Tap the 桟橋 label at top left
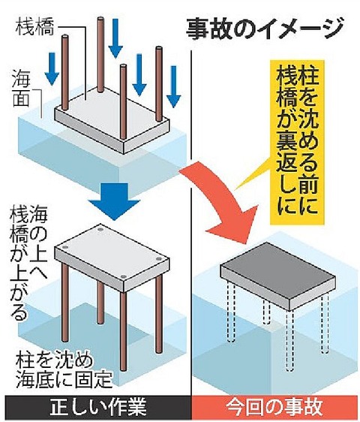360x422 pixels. (35, 27)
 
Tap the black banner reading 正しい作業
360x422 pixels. (96, 407)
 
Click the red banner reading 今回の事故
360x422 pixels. (274, 407)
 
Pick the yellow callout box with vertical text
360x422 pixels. (297, 142)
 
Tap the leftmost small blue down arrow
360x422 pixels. (52, 69)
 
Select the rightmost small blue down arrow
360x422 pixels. (174, 86)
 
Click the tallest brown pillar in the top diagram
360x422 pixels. (100, 55)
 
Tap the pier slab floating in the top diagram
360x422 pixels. (112, 119)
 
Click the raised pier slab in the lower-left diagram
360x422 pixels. (112, 258)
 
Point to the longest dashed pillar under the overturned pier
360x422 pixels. (290, 339)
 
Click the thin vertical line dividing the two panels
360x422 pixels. (191, 222)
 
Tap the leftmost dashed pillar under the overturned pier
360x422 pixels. (231, 311)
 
